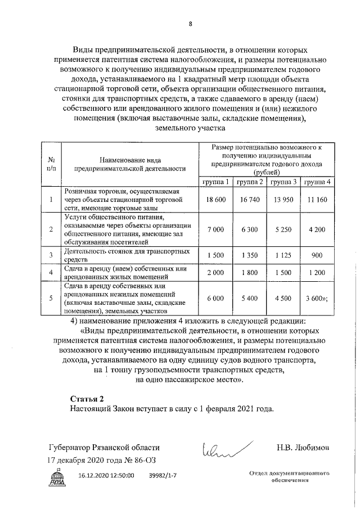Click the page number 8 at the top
coord(190,24)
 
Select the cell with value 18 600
coord(216,200)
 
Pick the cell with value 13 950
coord(283,200)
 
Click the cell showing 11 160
coord(317,200)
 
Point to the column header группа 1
coord(216,182)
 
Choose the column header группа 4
coord(317,182)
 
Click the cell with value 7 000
coord(216,229)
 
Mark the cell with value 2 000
coord(216,273)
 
